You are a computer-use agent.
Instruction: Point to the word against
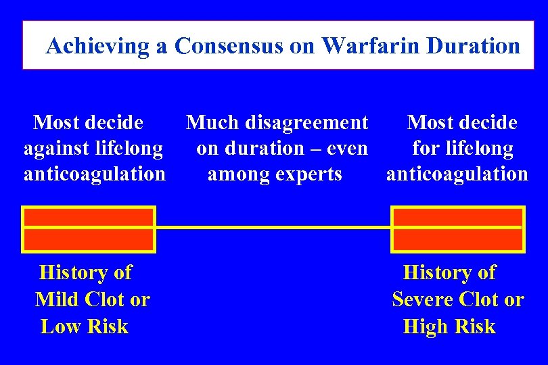pos(58,148)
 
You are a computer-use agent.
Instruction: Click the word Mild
pos(58,299)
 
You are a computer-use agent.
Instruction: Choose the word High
pos(424,326)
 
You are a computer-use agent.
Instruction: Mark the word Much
pos(208,122)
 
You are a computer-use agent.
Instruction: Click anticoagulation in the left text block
pos(95,174)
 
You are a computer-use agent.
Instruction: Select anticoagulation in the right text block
pos(457,174)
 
